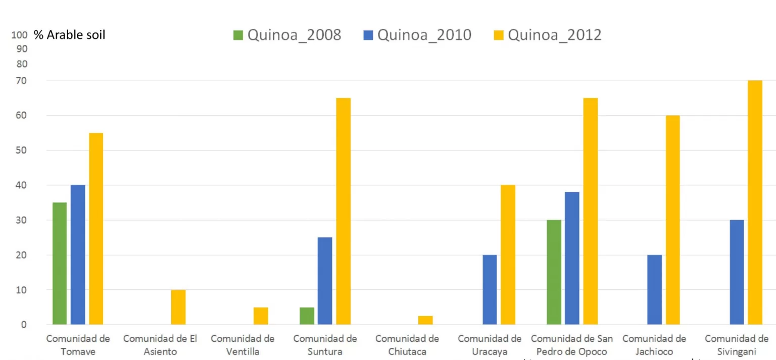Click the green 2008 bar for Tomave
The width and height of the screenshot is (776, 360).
(59, 263)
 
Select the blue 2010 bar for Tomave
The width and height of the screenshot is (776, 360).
(78, 254)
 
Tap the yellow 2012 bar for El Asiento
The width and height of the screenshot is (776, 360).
(178, 307)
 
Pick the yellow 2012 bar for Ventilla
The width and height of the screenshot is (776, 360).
(261, 316)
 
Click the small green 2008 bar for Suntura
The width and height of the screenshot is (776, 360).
(307, 316)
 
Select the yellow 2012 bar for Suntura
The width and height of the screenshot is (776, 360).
(344, 211)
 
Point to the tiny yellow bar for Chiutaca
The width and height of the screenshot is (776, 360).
(425, 320)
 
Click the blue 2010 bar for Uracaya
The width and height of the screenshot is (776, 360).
(490, 289)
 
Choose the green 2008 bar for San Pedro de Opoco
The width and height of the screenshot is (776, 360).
(554, 272)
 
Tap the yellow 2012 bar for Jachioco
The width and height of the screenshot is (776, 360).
(672, 220)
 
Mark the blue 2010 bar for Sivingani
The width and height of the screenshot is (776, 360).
(737, 272)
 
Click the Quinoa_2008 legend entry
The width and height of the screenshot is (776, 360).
(287, 35)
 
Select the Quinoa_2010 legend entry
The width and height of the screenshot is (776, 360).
(417, 35)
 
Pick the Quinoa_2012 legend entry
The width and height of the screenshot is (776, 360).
(548, 35)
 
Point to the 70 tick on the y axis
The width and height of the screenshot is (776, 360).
(22, 80)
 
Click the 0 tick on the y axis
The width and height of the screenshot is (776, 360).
(24, 325)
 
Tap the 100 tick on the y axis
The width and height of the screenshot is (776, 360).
(19, 35)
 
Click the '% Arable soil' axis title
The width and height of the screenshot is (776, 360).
(69, 35)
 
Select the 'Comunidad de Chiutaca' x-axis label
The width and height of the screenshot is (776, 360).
(407, 345)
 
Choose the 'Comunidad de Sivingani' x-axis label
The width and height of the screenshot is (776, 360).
(737, 345)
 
